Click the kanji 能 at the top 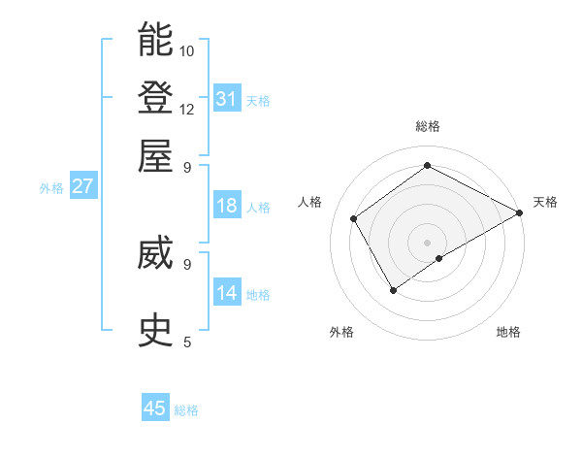click(x=155, y=40)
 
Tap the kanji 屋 click(x=155, y=155)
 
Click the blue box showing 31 click(x=227, y=98)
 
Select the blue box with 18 click(x=227, y=206)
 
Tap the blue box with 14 click(x=227, y=293)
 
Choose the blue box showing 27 click(x=82, y=186)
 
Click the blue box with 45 click(x=155, y=408)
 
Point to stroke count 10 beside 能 click(x=187, y=50)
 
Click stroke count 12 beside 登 click(x=187, y=109)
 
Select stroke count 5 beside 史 click(x=187, y=342)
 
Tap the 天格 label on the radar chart click(x=545, y=202)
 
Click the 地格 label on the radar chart click(x=508, y=332)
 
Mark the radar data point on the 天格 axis click(x=520, y=213)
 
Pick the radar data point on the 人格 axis click(x=354, y=218)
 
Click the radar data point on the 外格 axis click(x=393, y=289)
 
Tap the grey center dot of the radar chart click(x=427, y=242)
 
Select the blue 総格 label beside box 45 click(x=186, y=410)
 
